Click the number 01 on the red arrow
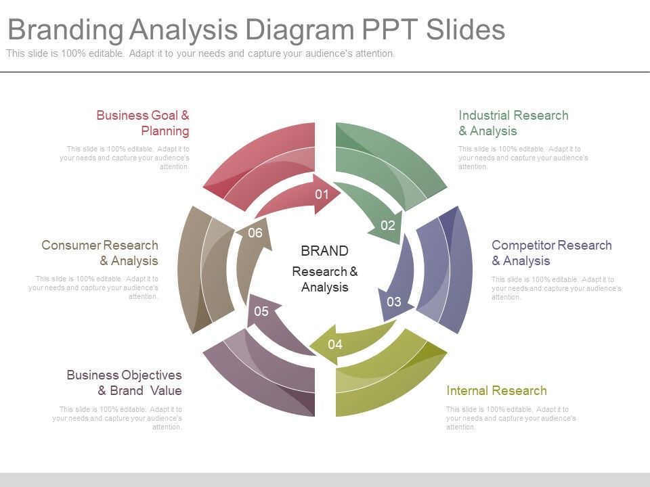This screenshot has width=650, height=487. (x=322, y=194)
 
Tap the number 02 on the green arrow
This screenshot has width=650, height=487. (x=388, y=225)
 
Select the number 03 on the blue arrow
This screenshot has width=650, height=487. (x=394, y=302)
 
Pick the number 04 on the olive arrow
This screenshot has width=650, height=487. (x=335, y=344)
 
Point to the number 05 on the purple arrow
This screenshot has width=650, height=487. (x=261, y=311)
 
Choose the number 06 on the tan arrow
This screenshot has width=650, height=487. (x=255, y=233)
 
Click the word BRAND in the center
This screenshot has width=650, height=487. (x=324, y=250)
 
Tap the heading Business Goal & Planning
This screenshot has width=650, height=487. (x=143, y=123)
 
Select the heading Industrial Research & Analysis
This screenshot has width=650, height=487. (x=513, y=123)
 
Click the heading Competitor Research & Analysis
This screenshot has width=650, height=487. (x=552, y=252)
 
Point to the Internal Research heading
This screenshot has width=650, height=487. (x=496, y=390)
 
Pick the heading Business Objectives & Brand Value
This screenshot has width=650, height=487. (x=125, y=383)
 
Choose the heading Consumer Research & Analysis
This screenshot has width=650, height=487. (x=100, y=252)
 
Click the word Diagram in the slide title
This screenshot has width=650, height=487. (x=300, y=29)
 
